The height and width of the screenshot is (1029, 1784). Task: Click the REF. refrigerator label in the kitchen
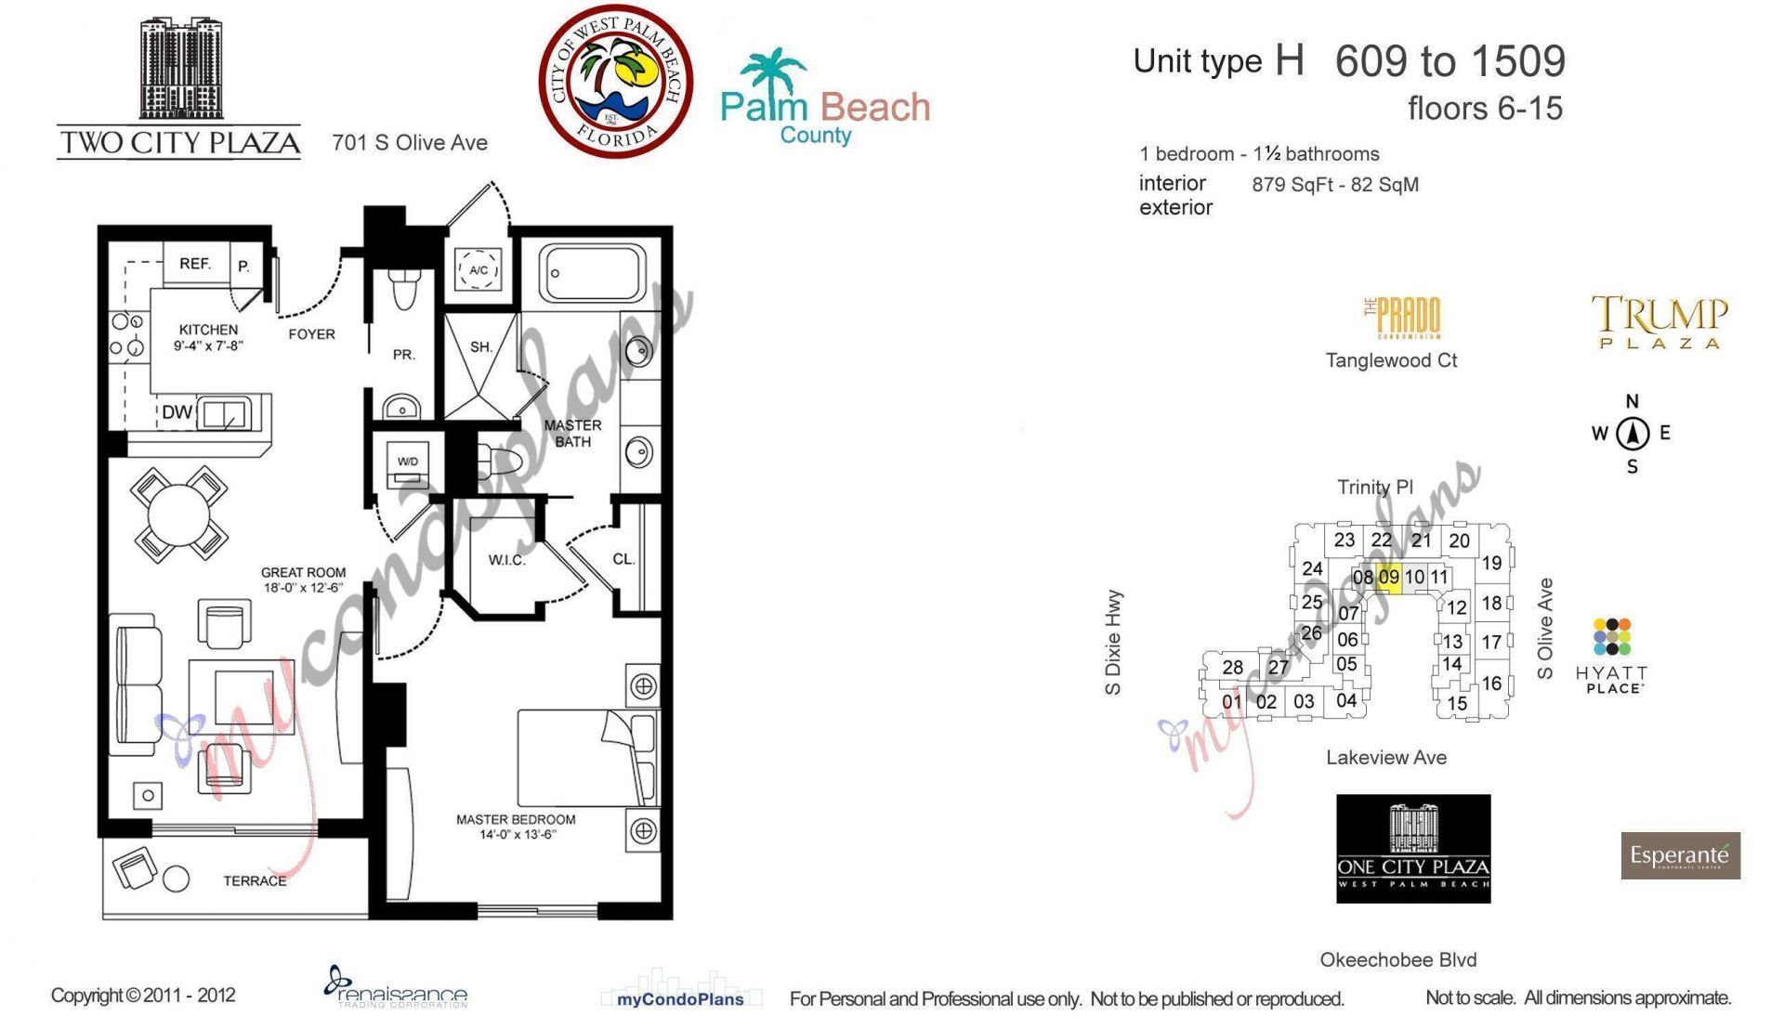coord(195,264)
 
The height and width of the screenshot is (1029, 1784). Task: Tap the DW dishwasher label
coord(177,412)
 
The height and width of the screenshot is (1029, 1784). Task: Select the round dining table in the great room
coord(180,514)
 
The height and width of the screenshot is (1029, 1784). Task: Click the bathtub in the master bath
coord(593,273)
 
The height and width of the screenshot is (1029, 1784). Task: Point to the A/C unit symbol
coord(479,270)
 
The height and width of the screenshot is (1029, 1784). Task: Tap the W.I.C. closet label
coord(506,560)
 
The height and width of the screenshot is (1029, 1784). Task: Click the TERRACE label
coord(255,880)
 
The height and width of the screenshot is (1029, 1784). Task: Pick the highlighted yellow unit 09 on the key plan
coord(1388,577)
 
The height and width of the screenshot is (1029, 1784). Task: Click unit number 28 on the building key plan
coord(1232,667)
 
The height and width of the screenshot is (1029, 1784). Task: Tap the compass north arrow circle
coord(1632,434)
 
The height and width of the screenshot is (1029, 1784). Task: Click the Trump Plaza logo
coord(1659,321)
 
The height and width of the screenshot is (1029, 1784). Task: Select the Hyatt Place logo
coord(1612,656)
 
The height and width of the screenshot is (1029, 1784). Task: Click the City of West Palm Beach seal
coord(615,82)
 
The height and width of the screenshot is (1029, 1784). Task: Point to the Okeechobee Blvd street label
coord(1397,959)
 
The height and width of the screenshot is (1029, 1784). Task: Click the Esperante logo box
coord(1680,855)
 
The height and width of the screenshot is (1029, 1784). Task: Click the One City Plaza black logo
coord(1412,848)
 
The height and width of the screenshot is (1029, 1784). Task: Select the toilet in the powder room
coord(403,290)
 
